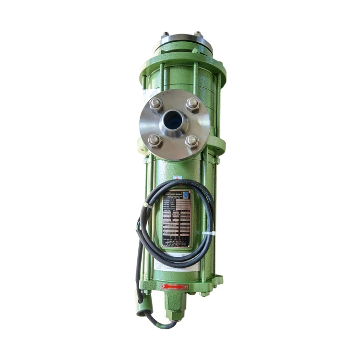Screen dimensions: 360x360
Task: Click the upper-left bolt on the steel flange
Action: [x=156, y=104]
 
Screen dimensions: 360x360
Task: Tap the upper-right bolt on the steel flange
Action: [x=192, y=104]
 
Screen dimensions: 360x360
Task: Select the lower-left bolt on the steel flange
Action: [x=155, y=140]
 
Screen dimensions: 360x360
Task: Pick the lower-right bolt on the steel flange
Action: [x=192, y=141]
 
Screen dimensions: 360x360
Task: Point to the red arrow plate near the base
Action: [x=174, y=287]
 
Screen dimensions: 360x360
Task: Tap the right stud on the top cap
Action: [x=197, y=34]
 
